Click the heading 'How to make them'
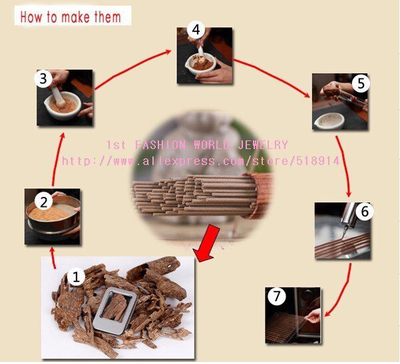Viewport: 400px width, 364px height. coord(71,16)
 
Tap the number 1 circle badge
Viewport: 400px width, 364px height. coord(77,275)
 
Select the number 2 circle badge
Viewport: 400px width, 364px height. coord(42,202)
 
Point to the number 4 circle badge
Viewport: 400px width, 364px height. coord(194,29)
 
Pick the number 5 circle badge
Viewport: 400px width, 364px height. coord(360,84)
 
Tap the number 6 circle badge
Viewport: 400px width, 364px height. coord(363,211)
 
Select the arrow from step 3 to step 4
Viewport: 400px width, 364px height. coord(132,65)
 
